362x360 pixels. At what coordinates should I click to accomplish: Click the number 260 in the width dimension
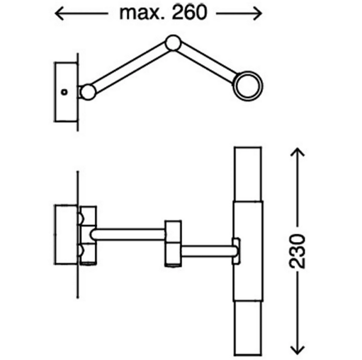(x=186, y=12)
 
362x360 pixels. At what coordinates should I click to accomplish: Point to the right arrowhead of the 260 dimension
(x=259, y=13)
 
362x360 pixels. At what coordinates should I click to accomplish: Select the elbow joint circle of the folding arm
(x=174, y=43)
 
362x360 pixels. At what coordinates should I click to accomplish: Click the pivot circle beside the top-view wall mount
(x=88, y=92)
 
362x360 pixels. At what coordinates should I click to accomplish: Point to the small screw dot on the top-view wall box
(x=64, y=92)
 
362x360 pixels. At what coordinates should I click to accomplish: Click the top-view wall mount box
(x=65, y=92)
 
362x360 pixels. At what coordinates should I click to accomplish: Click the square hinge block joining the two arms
(x=173, y=242)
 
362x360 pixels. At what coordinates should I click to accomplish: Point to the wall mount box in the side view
(x=66, y=234)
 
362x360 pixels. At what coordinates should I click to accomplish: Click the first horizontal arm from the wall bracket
(x=129, y=234)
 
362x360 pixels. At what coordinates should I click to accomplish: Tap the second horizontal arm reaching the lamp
(x=207, y=251)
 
